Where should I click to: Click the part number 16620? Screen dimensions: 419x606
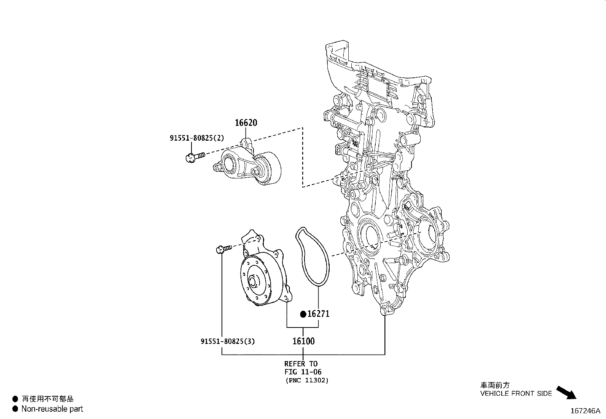click(x=246, y=123)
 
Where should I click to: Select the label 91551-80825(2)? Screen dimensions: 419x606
click(x=197, y=138)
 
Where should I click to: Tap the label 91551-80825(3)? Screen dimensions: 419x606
click(x=228, y=341)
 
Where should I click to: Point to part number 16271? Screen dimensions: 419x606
click(x=318, y=314)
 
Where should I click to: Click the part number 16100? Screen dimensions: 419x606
click(x=303, y=341)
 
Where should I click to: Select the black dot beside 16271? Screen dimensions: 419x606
click(x=303, y=314)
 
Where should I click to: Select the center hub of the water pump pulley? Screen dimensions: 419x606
click(x=253, y=282)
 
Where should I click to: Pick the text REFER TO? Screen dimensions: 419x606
click(x=301, y=364)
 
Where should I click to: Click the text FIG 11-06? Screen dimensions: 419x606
click(x=303, y=372)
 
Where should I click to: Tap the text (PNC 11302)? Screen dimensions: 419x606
click(x=306, y=380)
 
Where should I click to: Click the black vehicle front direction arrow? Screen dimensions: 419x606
click(x=566, y=392)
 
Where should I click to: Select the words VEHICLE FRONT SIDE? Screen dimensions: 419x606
click(x=516, y=393)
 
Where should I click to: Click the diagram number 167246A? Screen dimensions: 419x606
click(x=585, y=411)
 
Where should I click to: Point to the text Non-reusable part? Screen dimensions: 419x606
click(x=52, y=409)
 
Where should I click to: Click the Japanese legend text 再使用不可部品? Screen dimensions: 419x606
click(x=48, y=399)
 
